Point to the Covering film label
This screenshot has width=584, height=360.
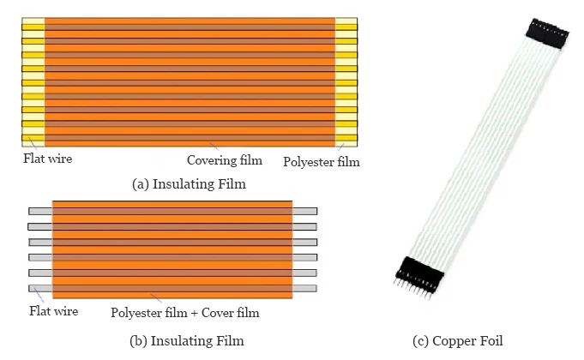pos(225,160)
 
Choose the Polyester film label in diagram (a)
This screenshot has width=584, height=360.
pos(322,161)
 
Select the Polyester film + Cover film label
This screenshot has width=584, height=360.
pos(185,313)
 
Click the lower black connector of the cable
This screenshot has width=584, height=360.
pos(419,271)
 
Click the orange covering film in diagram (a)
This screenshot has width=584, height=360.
pos(190,81)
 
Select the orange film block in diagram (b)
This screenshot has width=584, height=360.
pos(172,249)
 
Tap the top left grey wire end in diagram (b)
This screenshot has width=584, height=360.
pos(40,211)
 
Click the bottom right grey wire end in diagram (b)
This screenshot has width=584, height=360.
pos(304,288)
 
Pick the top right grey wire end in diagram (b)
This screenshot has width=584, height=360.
pos(304,211)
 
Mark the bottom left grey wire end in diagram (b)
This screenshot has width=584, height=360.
pos(40,288)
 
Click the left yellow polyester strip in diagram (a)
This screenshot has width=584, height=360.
pos(33,81)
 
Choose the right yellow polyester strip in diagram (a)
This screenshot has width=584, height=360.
pos(346,81)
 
